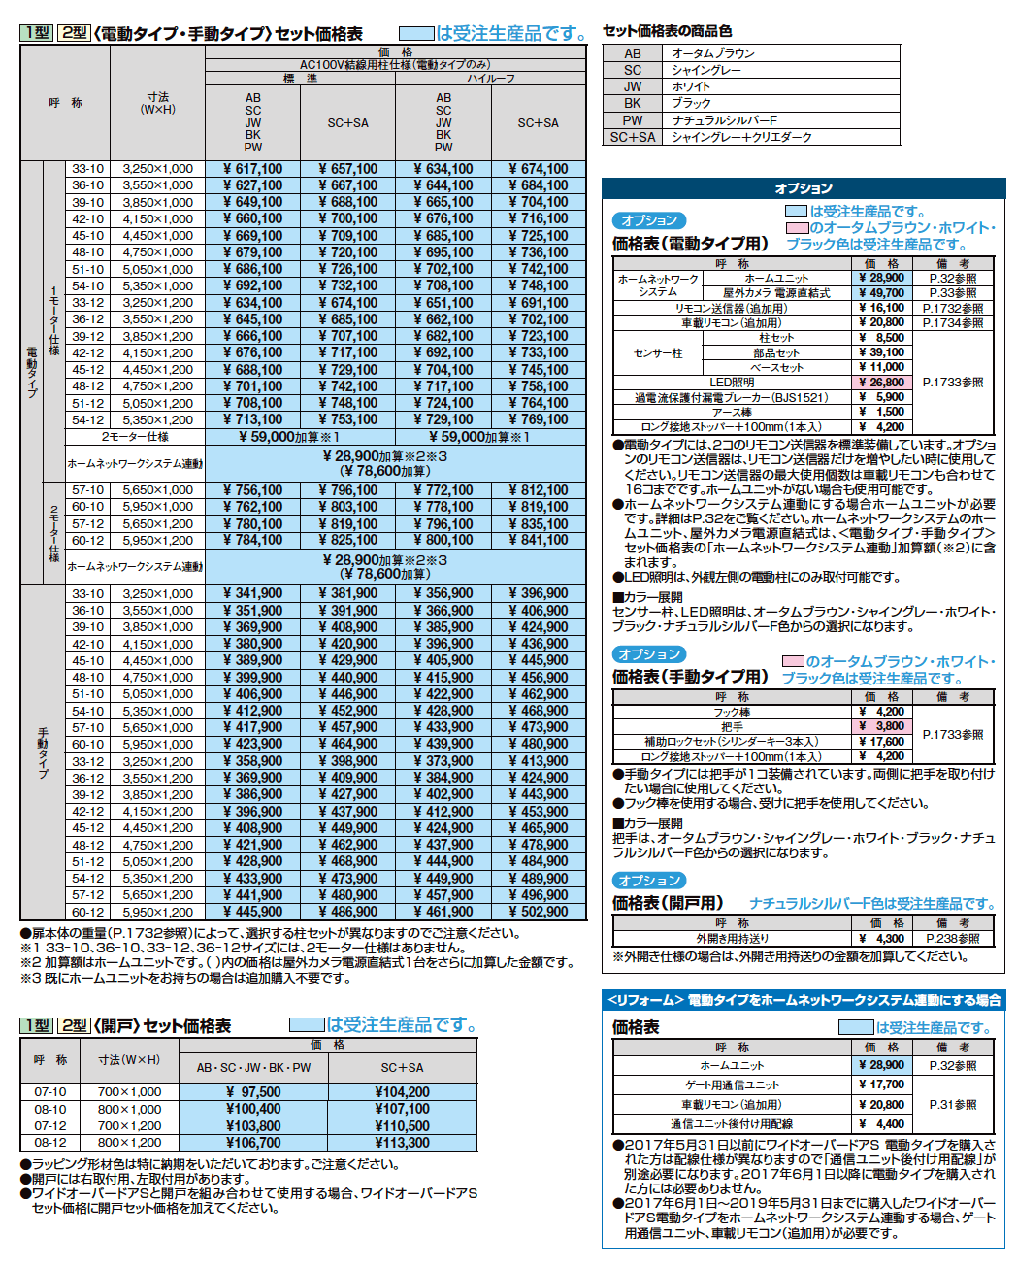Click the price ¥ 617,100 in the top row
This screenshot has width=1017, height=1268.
click(252, 169)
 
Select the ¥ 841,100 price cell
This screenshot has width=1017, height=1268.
click(539, 541)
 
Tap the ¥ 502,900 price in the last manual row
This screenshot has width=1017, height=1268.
click(539, 913)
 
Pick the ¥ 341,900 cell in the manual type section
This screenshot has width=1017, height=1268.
click(252, 593)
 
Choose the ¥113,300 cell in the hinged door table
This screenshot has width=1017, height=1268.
click(402, 1143)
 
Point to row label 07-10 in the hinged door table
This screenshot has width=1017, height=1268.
click(50, 1092)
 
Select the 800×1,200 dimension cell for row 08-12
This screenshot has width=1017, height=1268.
click(129, 1143)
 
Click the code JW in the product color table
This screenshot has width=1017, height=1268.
click(633, 86)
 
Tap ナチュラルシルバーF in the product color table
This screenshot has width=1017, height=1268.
click(724, 120)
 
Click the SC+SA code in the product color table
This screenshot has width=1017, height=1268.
click(633, 137)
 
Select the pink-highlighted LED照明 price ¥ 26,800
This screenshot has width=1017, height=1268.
click(881, 383)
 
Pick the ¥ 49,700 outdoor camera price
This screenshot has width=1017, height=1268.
click(881, 292)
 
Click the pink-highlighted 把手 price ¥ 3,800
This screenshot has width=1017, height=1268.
click(881, 726)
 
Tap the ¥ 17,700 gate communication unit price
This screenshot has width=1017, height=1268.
click(881, 1084)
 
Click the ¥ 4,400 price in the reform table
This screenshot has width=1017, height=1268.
click(881, 1124)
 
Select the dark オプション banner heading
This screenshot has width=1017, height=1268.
click(804, 188)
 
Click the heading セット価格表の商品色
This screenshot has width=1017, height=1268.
click(668, 31)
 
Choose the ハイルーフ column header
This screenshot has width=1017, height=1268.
click(490, 79)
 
